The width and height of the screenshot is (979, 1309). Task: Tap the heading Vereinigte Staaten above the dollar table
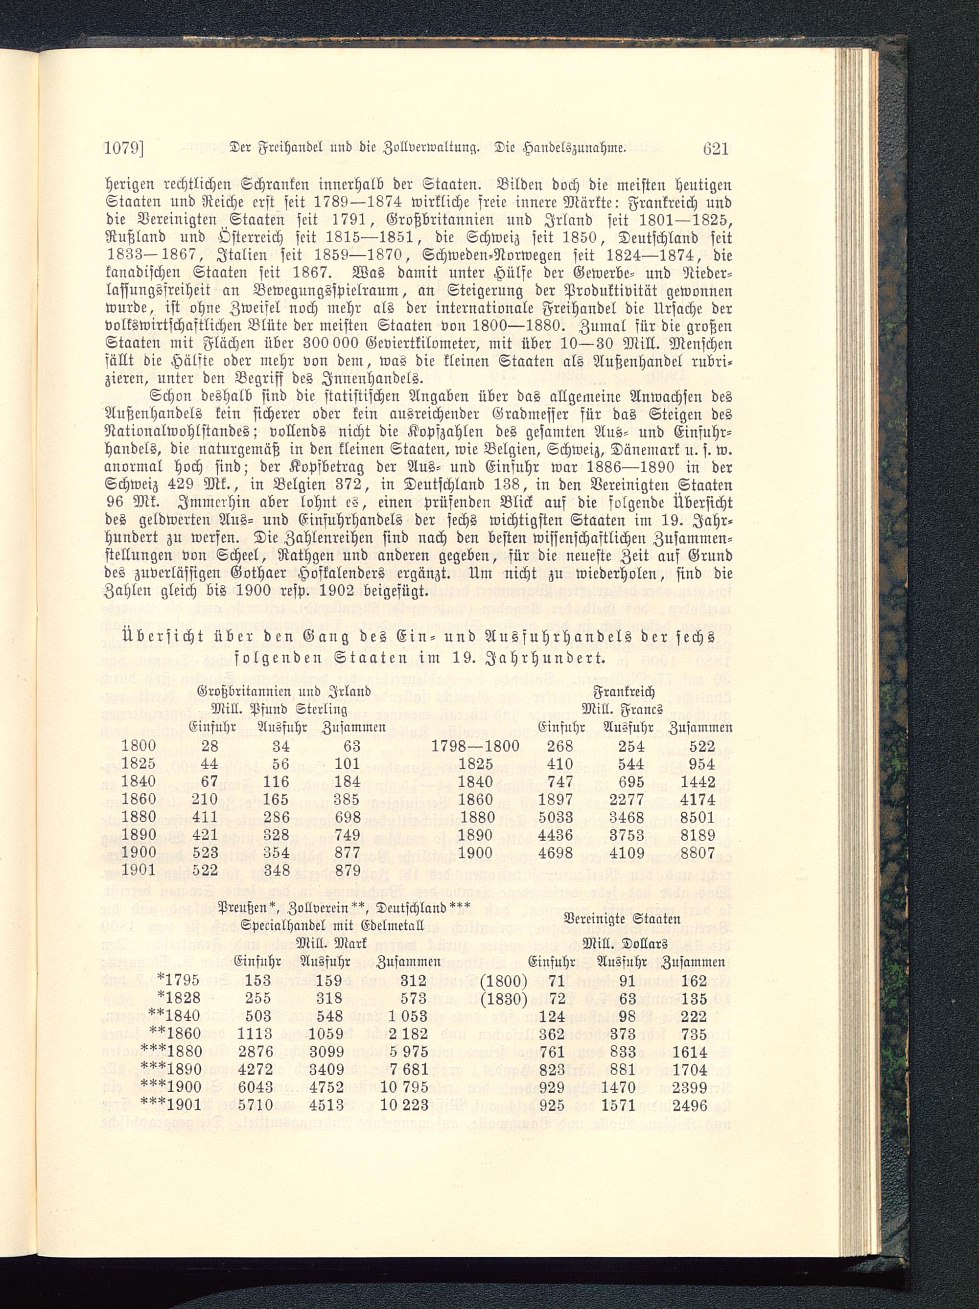point(622,919)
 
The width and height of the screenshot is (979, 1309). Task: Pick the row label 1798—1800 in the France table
point(475,746)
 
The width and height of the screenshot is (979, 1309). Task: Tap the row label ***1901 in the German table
point(169,1104)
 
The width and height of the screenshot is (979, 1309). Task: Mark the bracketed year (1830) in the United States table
point(503,998)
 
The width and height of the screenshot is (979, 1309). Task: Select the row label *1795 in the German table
point(178,981)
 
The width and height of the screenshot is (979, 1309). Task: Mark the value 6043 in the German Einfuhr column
point(254,1086)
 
